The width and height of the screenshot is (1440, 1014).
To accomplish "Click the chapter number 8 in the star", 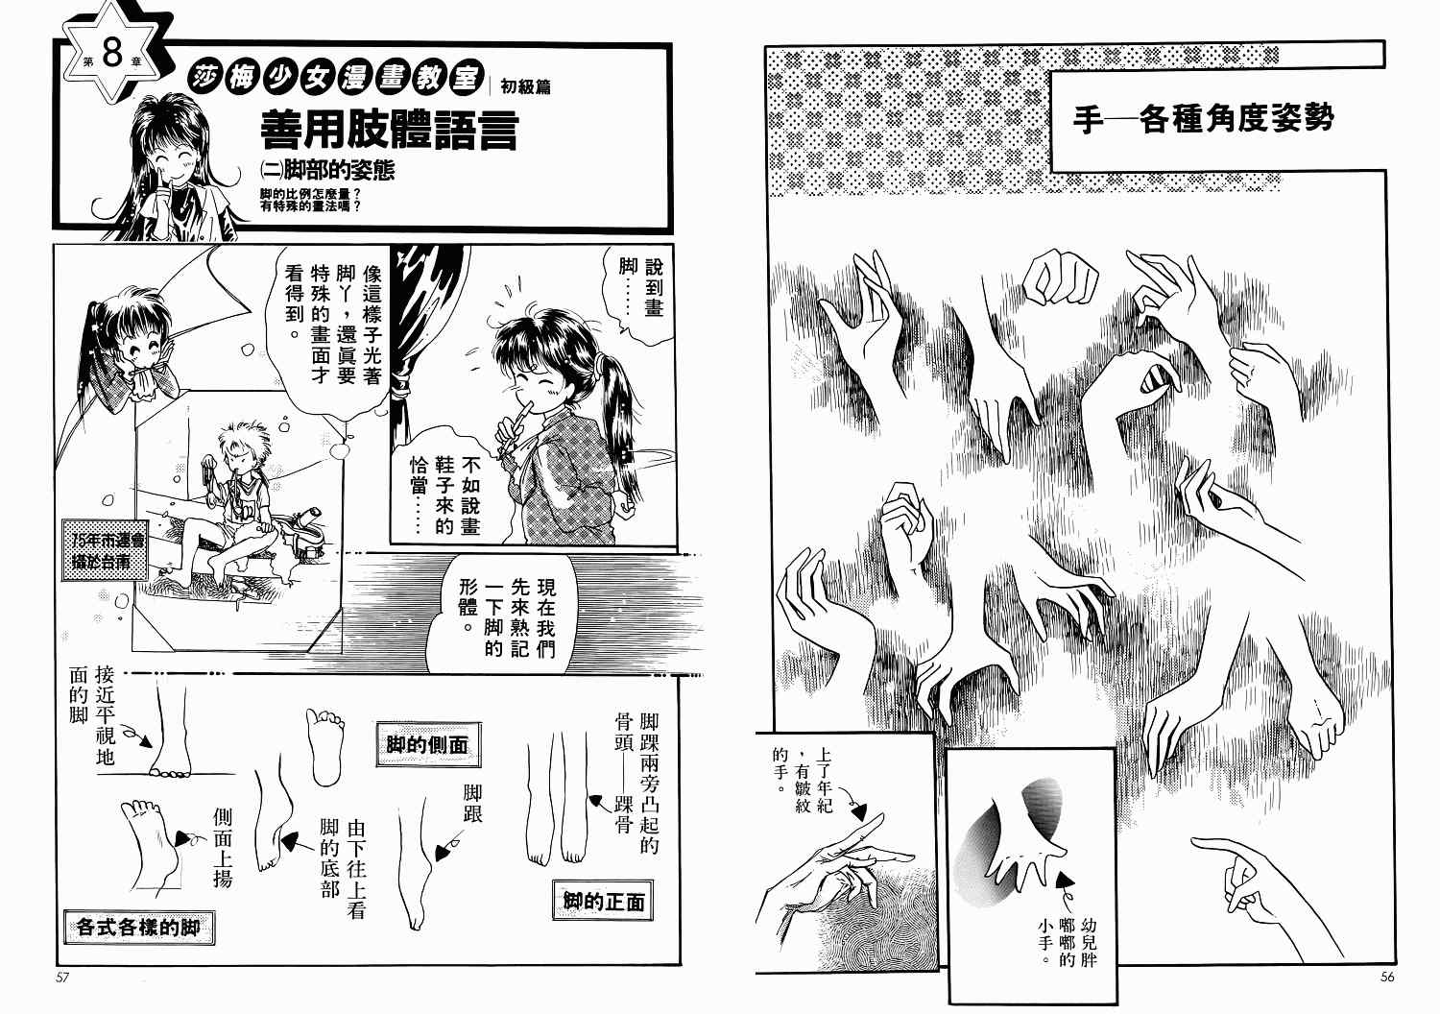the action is click(x=112, y=56).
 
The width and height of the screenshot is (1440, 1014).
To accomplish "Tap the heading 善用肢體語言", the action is click(x=389, y=130).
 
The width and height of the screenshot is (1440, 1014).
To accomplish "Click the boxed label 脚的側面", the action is click(x=427, y=744).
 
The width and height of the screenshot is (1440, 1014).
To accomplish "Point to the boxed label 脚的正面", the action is click(x=603, y=901).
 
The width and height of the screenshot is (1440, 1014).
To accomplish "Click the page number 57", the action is click(x=61, y=978).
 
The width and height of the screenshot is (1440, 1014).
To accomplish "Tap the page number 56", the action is click(x=1387, y=977).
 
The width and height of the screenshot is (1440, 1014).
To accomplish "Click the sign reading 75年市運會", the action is click(x=107, y=539).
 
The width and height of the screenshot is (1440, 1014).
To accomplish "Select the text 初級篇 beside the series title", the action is click(x=525, y=86).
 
